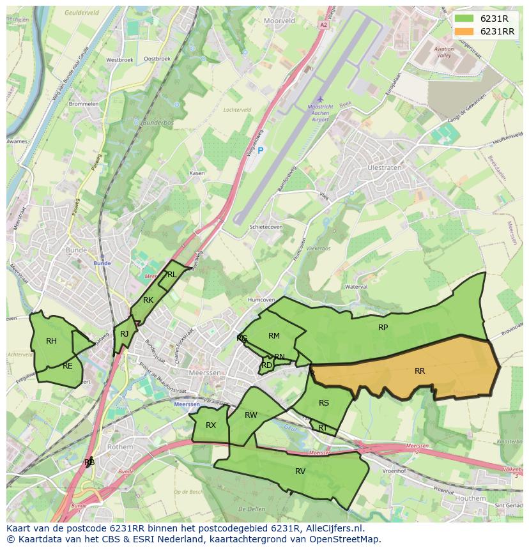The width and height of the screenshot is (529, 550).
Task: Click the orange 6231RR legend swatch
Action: click(464, 31)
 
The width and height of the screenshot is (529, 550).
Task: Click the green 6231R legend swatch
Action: click(464, 19)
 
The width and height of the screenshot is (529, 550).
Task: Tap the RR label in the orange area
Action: click(420, 371)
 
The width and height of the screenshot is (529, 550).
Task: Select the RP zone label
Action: click(383, 328)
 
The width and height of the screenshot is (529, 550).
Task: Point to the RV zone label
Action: click(300, 471)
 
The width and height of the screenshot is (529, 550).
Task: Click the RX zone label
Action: click(211, 425)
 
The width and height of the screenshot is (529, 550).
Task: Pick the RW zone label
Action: click(251, 415)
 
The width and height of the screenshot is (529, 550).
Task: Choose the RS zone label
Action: click(324, 403)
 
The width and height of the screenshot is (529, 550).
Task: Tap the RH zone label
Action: click(51, 341)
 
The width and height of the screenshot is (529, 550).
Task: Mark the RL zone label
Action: click(171, 275)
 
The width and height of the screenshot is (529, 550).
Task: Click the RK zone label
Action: click(148, 300)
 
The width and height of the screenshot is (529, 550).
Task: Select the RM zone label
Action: click(274, 336)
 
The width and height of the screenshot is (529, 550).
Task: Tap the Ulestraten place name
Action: click(385, 168)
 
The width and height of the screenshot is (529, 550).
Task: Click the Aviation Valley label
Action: click(443, 52)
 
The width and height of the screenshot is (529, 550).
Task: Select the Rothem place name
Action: click(119, 447)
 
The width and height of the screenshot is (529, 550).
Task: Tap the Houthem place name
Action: click(471, 498)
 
